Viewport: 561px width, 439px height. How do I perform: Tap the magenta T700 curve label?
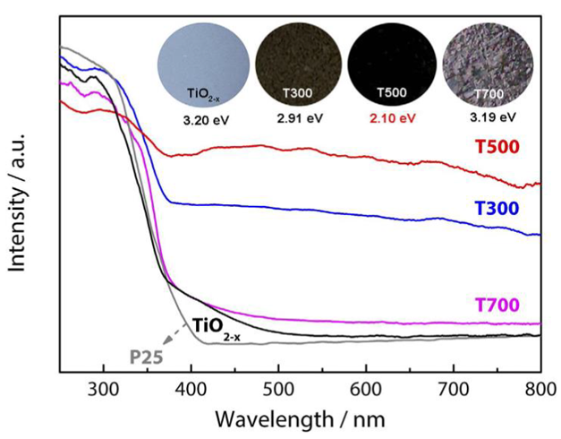(x=499, y=306)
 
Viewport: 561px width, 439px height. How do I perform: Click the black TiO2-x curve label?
(x=216, y=324)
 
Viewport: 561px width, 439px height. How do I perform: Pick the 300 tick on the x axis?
(x=104, y=388)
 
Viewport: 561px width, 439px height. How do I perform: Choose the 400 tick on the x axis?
(x=191, y=388)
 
